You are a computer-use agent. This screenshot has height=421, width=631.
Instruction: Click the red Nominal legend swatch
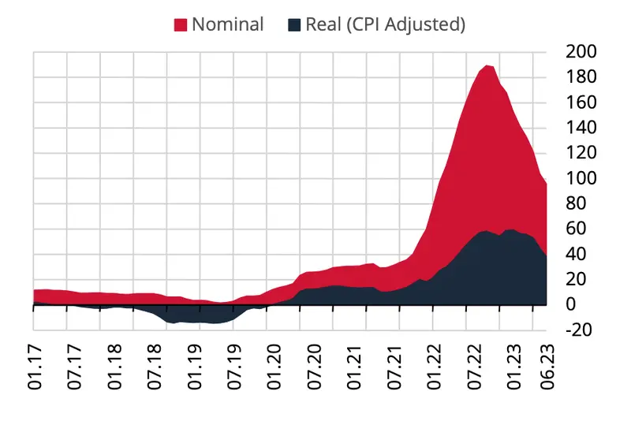[180, 24]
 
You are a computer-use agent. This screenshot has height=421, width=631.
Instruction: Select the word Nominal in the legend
[227, 24]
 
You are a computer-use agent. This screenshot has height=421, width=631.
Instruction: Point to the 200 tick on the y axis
[581, 52]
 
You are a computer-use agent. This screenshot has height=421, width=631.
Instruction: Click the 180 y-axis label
[581, 77]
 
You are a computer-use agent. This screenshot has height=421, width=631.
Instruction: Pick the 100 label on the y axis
[581, 178]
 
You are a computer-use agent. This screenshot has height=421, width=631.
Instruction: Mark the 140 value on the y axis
[581, 128]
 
